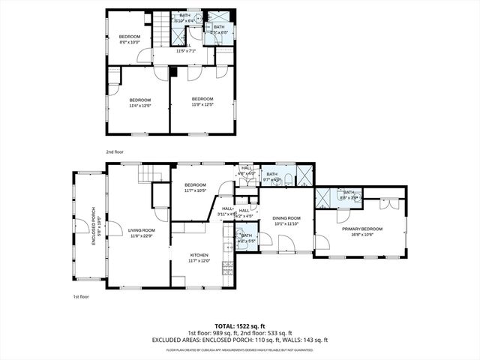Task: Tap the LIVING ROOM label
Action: [142, 232]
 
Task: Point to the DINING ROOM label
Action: [286, 220]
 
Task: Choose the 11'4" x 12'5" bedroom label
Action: [140, 103]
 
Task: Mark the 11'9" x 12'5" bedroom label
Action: [202, 102]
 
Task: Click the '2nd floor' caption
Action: [114, 151]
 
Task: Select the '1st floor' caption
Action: [81, 297]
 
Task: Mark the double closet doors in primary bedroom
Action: [388, 205]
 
